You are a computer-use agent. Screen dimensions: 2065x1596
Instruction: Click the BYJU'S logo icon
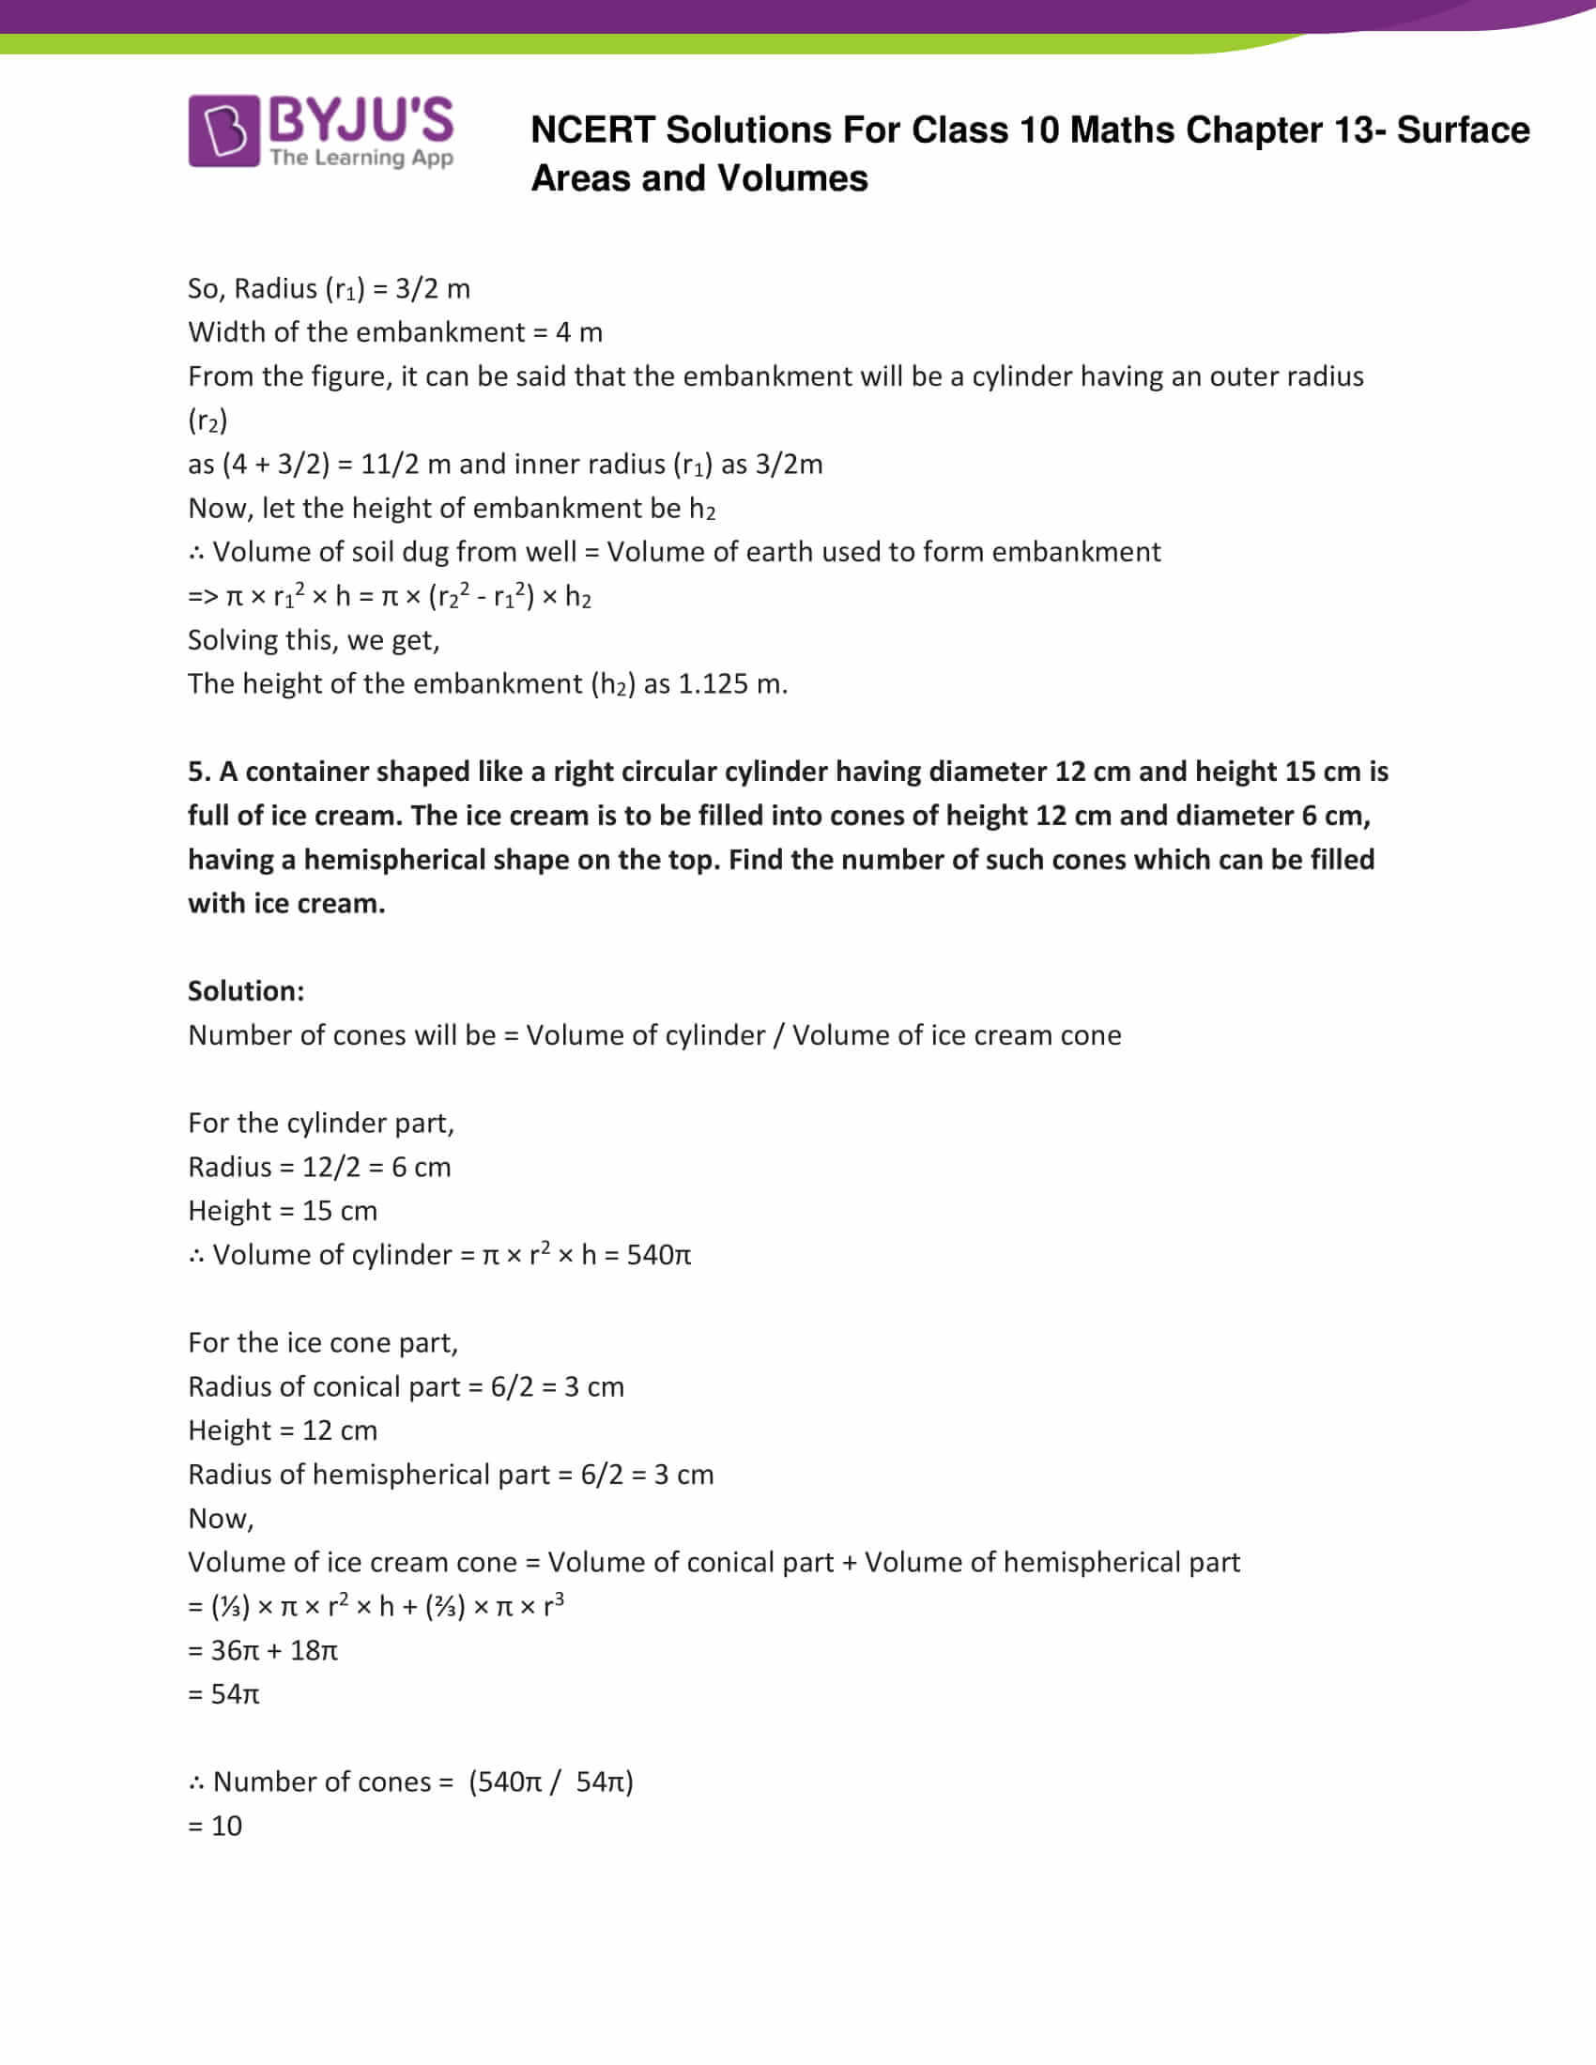223,130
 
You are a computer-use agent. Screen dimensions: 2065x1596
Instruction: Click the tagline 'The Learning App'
361,157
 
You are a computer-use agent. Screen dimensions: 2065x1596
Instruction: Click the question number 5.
198,772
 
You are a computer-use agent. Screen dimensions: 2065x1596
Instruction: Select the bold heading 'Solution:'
246,991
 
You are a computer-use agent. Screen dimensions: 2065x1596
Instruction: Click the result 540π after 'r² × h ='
659,1255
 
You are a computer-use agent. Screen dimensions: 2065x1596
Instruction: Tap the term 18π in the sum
314,1650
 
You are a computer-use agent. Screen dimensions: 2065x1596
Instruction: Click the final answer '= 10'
216,1826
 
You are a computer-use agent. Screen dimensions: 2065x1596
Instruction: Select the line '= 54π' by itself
224,1693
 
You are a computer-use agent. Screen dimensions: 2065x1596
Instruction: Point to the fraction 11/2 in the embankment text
390,465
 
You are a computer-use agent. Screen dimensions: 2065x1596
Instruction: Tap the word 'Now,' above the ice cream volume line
222,1519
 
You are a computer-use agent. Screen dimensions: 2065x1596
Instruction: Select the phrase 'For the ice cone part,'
323,1342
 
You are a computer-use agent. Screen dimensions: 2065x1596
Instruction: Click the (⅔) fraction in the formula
444,1606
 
